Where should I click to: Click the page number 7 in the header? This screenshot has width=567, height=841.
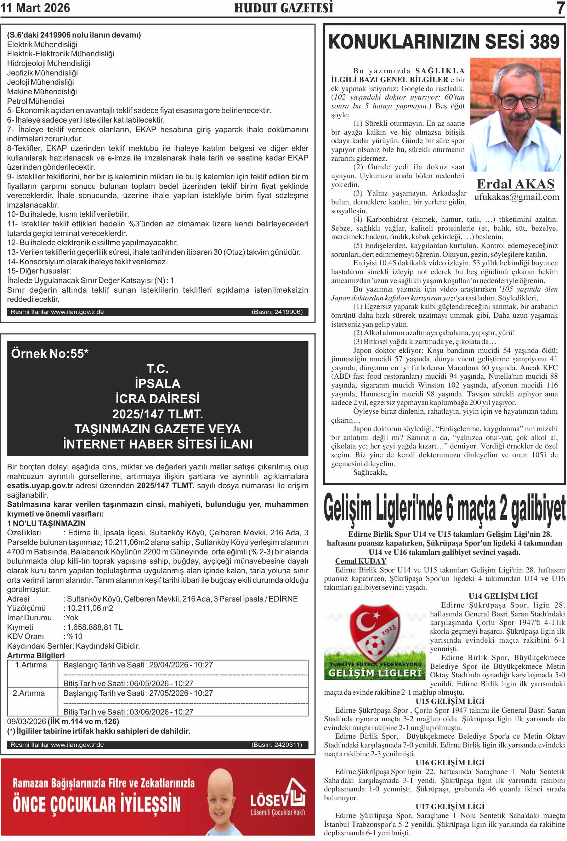coord(560,8)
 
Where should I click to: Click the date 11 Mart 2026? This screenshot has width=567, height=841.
coord(35,8)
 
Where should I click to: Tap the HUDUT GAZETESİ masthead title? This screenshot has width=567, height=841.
coord(283,8)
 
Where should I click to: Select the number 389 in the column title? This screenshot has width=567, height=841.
coord(545,41)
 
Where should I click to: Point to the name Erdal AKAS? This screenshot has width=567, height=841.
coord(515,184)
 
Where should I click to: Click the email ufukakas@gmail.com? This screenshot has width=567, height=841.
coord(516,197)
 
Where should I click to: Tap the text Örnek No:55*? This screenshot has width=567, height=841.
coord(50,354)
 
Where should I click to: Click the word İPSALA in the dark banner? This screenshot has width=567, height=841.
coord(157,383)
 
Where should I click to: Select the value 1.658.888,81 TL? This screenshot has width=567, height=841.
coord(95,627)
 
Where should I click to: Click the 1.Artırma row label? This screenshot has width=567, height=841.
coord(31,665)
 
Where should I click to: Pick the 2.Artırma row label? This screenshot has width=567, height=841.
coord(29,693)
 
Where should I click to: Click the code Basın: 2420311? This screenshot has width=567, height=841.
coord(277,745)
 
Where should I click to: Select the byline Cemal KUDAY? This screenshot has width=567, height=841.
coord(361,561)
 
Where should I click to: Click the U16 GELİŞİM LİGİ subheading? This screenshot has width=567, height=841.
coord(450,762)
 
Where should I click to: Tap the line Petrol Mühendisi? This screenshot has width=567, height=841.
coord(36,101)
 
